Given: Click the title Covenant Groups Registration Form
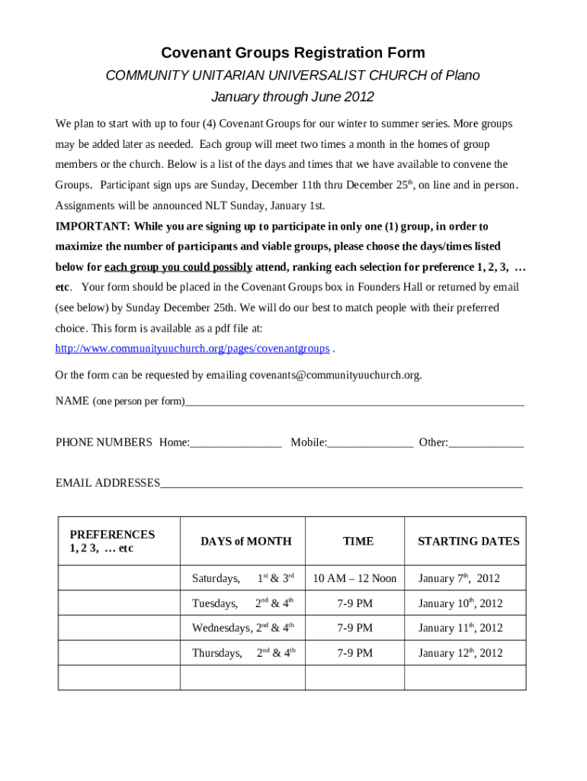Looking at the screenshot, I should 293,53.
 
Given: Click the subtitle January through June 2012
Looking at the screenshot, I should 293,97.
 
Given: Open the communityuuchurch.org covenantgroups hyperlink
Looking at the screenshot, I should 192,349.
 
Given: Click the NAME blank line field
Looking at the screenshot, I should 354,400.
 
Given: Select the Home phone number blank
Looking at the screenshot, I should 236,442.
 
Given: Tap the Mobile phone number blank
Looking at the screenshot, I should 370,442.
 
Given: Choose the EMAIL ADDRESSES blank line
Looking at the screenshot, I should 341,483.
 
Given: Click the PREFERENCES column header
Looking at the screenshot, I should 112,541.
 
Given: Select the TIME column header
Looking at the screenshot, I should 358,541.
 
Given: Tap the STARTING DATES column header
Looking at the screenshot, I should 468,541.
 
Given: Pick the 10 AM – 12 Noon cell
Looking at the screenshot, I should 354,578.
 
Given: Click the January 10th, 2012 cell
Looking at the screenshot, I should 460,603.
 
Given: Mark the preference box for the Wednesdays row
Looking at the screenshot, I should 119,628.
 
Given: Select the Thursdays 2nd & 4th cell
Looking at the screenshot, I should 243,653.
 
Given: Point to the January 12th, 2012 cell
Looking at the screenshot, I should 460,653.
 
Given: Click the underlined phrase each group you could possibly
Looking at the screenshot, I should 178,267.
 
